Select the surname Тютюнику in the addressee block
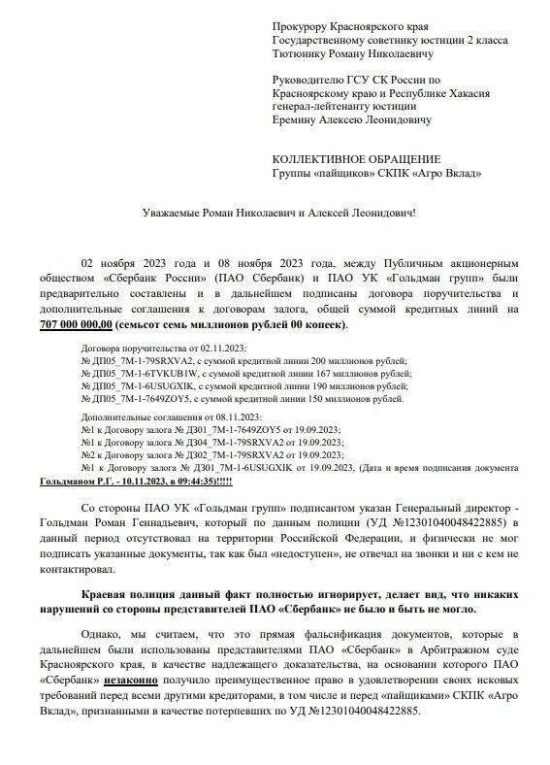[303, 52]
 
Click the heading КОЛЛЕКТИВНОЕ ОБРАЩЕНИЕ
[356, 159]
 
